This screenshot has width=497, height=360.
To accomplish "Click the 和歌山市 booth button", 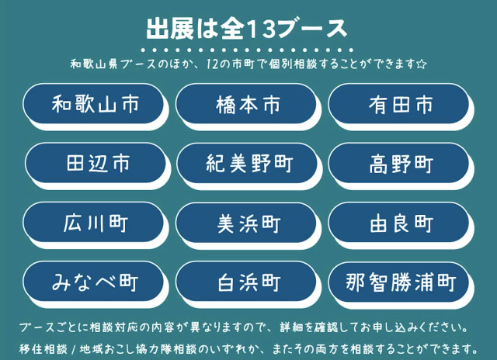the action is point(94,104).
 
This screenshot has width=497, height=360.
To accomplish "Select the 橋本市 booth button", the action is point(246,104).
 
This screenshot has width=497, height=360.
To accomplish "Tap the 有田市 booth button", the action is point(398,104).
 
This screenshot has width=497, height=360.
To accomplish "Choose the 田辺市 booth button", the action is point(96,163).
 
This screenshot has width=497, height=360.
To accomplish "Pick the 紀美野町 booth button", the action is point(247,163).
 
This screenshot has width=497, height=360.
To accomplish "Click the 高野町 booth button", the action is point(398,163).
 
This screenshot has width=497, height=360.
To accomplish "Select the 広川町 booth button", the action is point(94,222).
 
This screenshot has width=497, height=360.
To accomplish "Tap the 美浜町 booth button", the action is point(246,222).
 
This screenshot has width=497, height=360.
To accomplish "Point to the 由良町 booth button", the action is point(398,222).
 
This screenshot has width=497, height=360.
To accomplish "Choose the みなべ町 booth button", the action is point(94,282).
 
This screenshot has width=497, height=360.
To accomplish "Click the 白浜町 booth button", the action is point(246,282).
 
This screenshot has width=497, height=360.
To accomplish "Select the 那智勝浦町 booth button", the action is point(398,282).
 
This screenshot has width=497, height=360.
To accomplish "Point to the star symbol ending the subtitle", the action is point(422,64).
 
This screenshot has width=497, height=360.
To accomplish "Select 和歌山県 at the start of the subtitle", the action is point(94,64).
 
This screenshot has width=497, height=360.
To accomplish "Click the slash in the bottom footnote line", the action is point(74,350).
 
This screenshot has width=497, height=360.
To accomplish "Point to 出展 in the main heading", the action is point(170,29).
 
